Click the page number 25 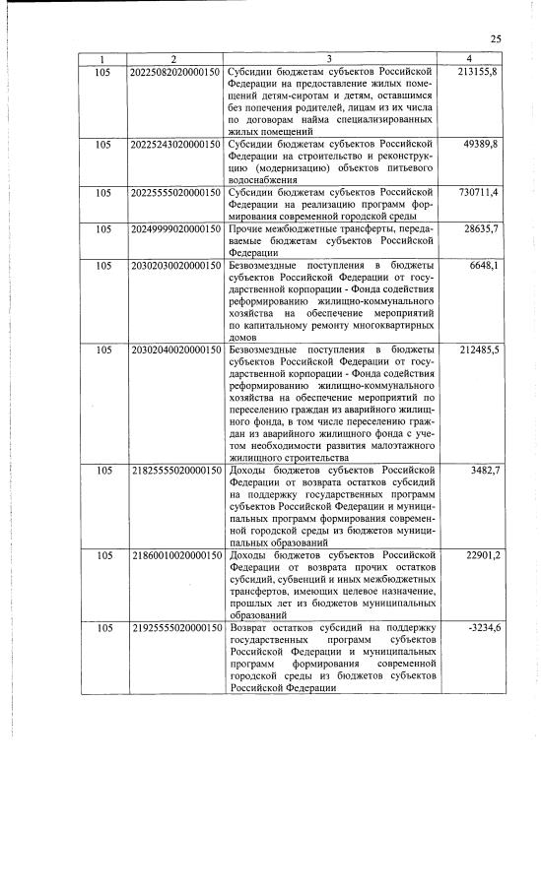click(x=496, y=39)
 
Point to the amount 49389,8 click(x=482, y=145)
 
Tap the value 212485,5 click(x=479, y=350)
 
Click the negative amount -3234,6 click(x=482, y=628)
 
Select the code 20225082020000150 click(x=175, y=74)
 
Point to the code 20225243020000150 click(x=175, y=145)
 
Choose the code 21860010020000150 click(x=175, y=556)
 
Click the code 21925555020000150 click(x=175, y=628)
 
